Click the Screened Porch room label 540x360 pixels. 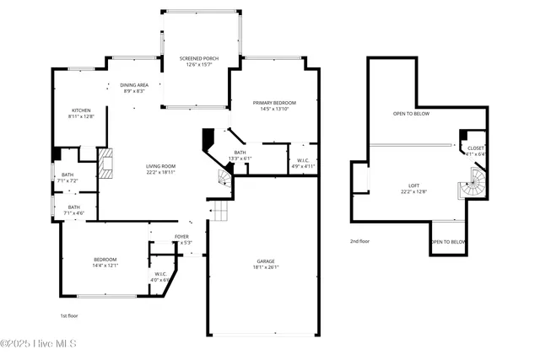coord(199,62)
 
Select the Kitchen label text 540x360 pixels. coord(81,113)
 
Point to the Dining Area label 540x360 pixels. coord(134,88)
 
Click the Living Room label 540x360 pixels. coord(159,169)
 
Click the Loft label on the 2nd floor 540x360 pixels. coord(414,188)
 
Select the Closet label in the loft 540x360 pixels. coord(475,151)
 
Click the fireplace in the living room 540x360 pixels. coord(105,165)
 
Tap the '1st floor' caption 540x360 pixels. coord(69,315)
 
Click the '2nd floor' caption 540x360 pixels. coord(359,241)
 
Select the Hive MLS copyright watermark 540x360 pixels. coord(40,344)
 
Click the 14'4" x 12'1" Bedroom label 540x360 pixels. coord(105,262)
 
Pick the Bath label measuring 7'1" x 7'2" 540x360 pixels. coord(67,179)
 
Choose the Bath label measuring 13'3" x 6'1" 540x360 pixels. coord(240,155)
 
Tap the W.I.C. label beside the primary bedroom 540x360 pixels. coord(303,164)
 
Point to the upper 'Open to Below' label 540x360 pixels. coord(411,113)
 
